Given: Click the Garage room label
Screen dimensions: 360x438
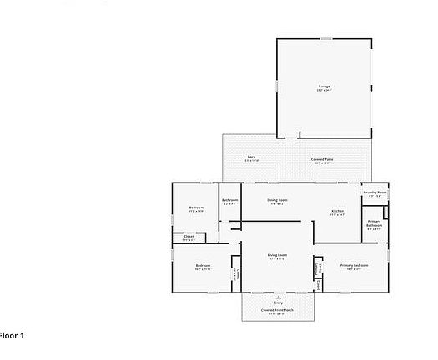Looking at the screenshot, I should click(324, 86).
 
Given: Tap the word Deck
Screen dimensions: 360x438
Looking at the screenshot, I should click(251, 156).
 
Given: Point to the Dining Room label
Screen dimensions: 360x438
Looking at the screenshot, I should click(277, 200).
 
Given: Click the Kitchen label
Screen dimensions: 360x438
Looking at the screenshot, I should click(338, 211).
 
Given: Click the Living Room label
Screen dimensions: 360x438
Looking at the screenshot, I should click(277, 254).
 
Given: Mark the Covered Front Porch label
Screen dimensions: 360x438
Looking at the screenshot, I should click(277, 309).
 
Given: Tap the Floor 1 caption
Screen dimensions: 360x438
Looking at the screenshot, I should click(12, 335).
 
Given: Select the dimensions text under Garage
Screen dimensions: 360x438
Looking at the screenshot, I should click(324, 91).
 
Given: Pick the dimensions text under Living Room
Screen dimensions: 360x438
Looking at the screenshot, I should click(277, 259).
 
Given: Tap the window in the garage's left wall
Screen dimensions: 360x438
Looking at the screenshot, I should click(277, 86).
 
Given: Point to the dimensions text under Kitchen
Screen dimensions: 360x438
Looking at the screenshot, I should click(338, 215).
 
